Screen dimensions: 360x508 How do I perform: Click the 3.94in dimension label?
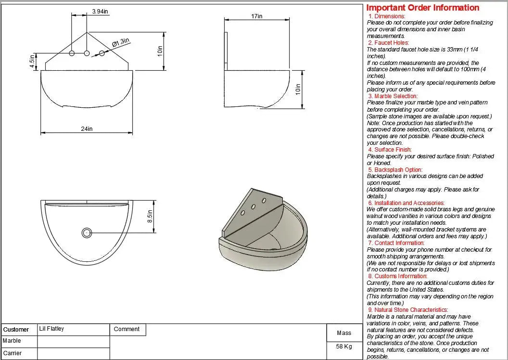coord(100,12)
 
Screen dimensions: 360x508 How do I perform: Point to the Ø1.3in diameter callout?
coord(121,43)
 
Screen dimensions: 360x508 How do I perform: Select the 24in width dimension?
coord(87,129)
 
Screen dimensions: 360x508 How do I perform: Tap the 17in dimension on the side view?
coord(257,16)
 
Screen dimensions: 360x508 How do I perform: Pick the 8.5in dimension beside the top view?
coord(150,216)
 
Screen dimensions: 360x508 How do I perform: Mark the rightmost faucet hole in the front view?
coord(102,52)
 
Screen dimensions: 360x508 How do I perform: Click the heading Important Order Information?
coord(423,8)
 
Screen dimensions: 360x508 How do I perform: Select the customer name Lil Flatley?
coord(51,329)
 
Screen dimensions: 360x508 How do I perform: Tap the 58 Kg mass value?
coord(344,347)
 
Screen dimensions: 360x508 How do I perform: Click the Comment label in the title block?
coord(127,329)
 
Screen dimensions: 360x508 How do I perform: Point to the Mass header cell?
coord(344,333)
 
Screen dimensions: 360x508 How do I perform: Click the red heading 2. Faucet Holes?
coord(388,43)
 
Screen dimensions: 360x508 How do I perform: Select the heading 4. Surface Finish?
coord(390,150)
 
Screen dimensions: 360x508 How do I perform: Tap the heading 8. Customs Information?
coord(397,276)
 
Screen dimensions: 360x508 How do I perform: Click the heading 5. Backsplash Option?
coord(395,169)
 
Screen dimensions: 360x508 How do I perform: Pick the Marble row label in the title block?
coord(12,341)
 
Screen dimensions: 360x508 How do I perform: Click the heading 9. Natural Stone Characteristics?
coord(408,310)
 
